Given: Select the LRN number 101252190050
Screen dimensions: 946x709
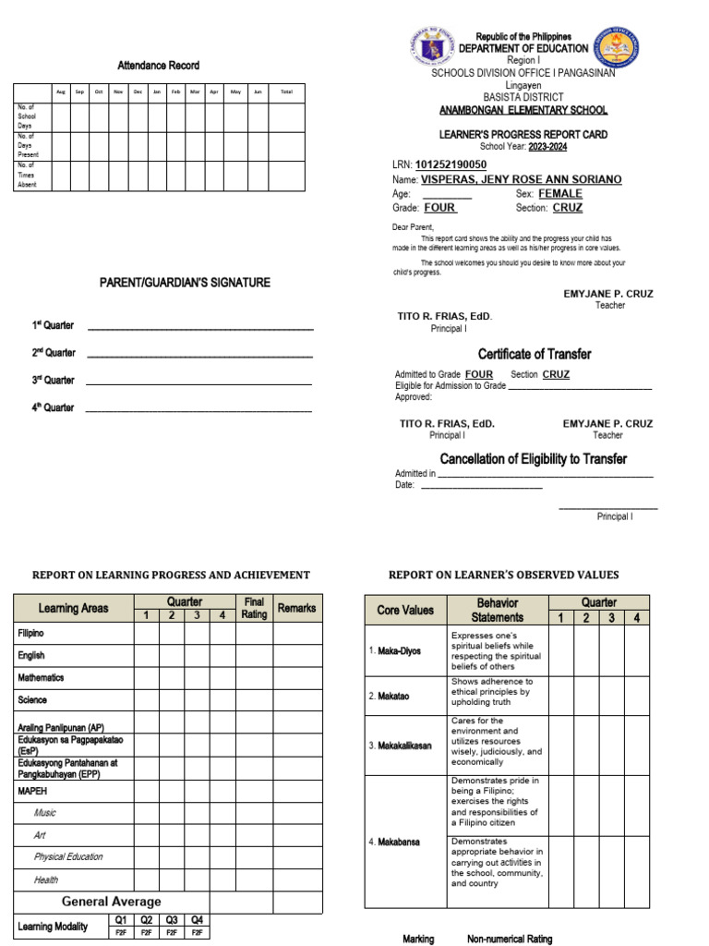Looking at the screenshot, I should pos(451,164).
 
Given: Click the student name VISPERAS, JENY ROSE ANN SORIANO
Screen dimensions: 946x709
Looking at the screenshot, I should pos(521,179).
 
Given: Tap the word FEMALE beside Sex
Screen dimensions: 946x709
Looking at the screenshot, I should pos(560,194).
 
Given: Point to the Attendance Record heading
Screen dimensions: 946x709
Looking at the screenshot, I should pos(158,66).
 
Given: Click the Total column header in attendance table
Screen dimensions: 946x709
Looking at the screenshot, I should pos(286,92).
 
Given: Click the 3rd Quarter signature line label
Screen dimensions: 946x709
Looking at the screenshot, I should pos(54,380).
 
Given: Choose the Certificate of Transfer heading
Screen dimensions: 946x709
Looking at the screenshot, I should pos(535,354).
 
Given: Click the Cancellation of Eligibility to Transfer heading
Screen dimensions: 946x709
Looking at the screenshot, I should pos(533,459).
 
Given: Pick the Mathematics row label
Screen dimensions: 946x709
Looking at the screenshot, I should pos(41,677).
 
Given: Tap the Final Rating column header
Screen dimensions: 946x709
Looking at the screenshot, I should pos(254,608).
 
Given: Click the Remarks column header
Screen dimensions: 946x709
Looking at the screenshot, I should pos(296,608).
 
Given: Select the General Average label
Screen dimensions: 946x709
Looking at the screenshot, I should pos(111,902).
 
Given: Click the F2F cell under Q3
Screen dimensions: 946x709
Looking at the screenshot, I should pos(172,933).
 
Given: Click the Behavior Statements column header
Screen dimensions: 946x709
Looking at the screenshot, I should pos(497,610).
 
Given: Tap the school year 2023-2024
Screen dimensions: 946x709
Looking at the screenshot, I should pos(548,147).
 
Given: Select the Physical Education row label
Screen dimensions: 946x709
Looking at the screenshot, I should pos(68,856).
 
